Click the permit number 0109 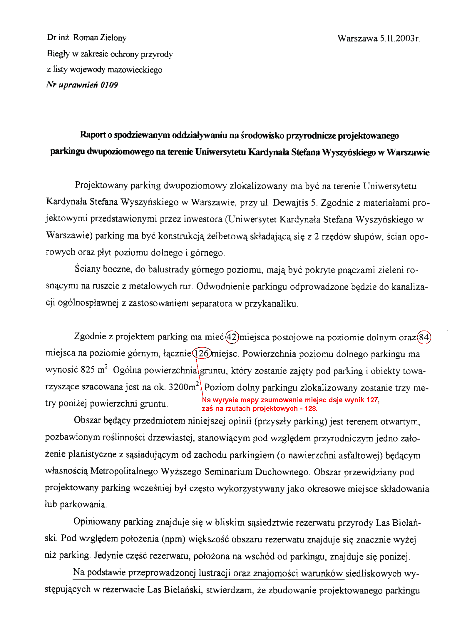click(x=109, y=85)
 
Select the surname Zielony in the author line click(x=113, y=38)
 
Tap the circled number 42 click(x=232, y=337)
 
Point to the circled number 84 click(x=424, y=337)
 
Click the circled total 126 click(x=202, y=353)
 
